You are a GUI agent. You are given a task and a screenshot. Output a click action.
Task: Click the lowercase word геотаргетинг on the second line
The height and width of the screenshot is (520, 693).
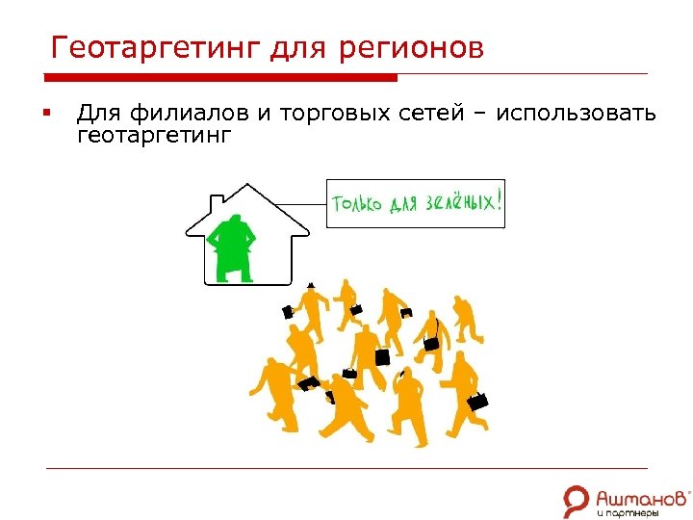point(154,136)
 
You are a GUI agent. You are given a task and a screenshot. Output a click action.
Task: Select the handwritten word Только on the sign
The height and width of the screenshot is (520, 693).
point(359,204)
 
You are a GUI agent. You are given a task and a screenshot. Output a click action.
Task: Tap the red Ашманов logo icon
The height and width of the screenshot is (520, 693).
point(577,498)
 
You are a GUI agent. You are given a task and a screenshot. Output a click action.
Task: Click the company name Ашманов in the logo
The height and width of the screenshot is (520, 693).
point(640,496)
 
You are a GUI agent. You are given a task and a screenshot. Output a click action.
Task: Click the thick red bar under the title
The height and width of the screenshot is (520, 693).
point(221,78)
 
